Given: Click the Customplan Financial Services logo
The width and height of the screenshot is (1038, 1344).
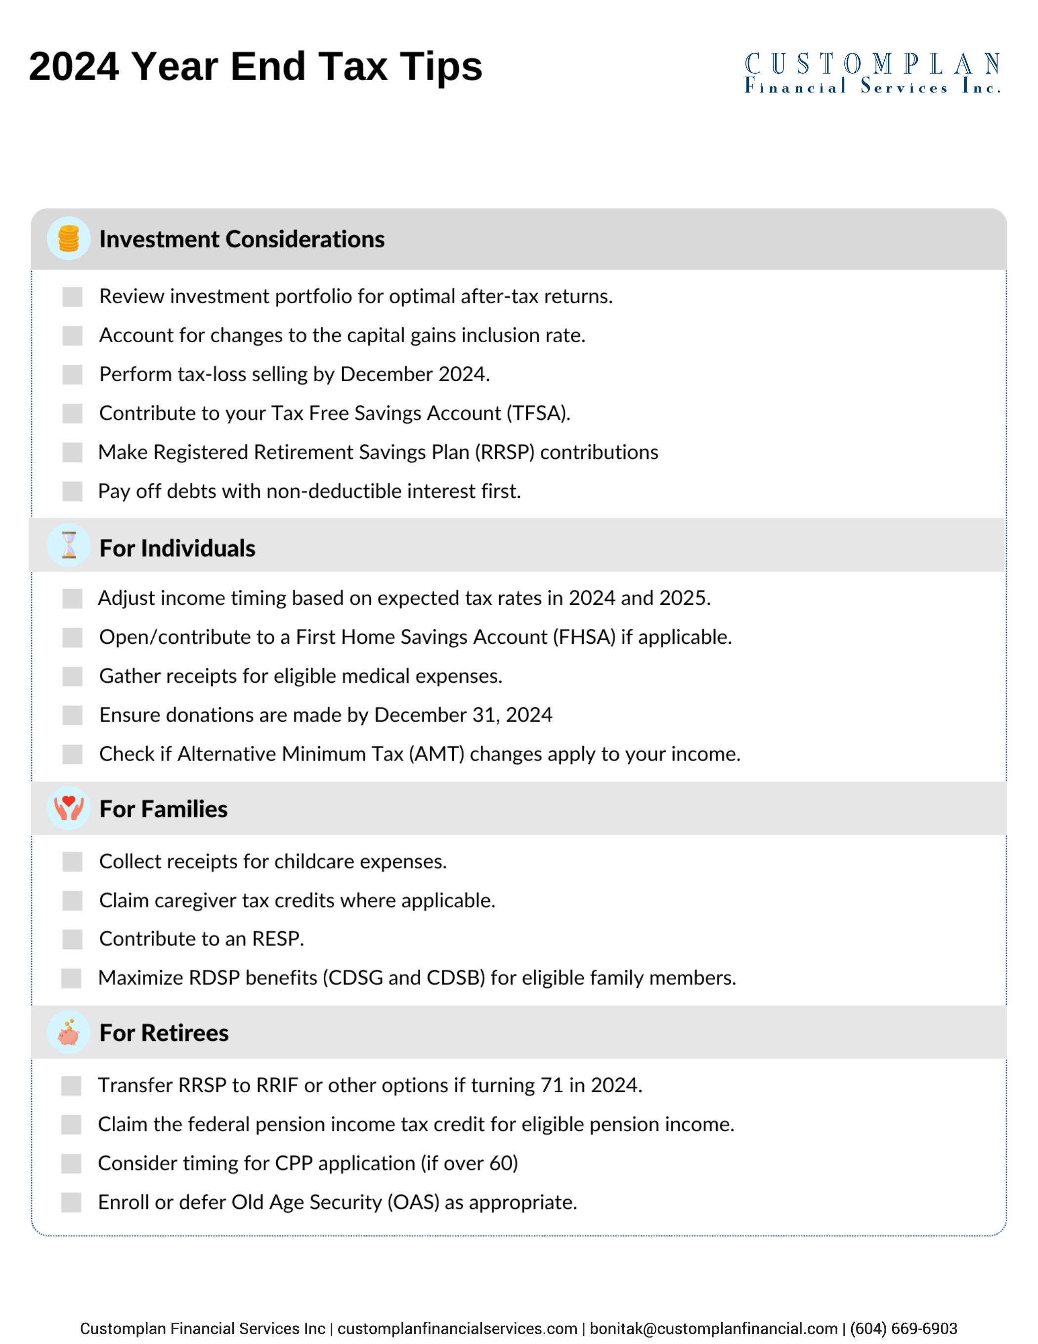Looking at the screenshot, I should click(x=872, y=73).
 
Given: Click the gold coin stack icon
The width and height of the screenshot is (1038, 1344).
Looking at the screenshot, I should click(x=69, y=238).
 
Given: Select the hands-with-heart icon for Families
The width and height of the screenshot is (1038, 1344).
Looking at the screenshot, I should click(x=69, y=808).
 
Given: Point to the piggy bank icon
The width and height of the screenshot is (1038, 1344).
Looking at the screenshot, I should click(x=69, y=1032).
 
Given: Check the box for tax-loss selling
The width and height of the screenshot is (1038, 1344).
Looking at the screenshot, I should click(x=73, y=374).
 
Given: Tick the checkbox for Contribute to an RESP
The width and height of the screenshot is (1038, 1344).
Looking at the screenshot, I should click(x=73, y=939).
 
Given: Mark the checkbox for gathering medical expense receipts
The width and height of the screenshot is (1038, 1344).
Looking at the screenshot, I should click(x=73, y=676).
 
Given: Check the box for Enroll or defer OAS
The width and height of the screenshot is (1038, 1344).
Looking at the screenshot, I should click(x=71, y=1202).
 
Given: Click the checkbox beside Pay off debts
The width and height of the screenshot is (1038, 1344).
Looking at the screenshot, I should click(x=73, y=491).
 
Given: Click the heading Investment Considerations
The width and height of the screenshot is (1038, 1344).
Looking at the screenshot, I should click(x=242, y=239).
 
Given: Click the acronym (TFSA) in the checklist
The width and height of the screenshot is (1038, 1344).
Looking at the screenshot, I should click(x=538, y=413).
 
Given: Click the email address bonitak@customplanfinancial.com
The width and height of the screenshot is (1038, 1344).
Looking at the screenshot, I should click(x=714, y=1329).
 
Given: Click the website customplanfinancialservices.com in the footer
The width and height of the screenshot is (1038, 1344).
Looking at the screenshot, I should click(x=457, y=1329).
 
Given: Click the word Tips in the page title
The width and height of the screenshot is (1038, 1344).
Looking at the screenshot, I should click(x=440, y=66).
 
